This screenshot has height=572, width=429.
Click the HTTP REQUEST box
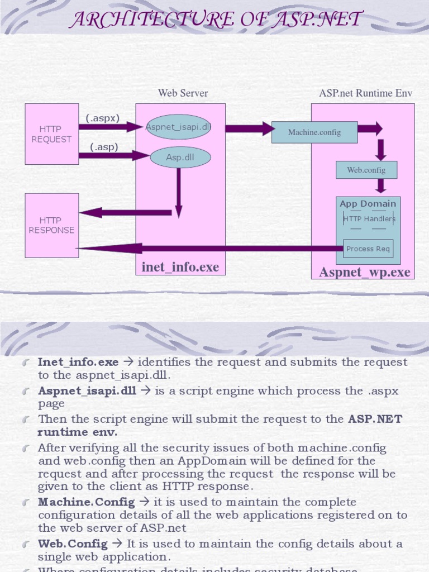tap(51, 134)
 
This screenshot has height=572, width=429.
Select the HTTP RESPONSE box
tap(51, 225)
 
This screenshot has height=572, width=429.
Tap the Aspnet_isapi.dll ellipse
tap(178, 127)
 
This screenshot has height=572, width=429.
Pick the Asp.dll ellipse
tap(180, 158)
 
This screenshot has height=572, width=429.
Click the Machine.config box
tap(314, 132)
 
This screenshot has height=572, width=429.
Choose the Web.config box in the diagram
tap(366, 170)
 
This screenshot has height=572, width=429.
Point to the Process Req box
tap(368, 249)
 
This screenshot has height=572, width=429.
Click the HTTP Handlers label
tap(369, 219)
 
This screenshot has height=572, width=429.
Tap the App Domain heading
tap(368, 204)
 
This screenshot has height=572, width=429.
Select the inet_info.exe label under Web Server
tap(180, 267)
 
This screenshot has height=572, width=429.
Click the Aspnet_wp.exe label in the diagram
tap(364, 272)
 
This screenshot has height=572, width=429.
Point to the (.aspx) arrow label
tap(102, 118)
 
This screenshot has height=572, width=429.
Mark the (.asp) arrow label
tap(104, 147)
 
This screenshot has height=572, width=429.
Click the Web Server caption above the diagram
tap(183, 93)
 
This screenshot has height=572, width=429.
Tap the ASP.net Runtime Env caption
tap(365, 93)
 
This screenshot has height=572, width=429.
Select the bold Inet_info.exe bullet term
tap(78, 362)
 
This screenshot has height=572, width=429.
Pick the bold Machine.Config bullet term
tap(86, 502)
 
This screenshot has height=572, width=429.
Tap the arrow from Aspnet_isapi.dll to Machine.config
tap(249, 129)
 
